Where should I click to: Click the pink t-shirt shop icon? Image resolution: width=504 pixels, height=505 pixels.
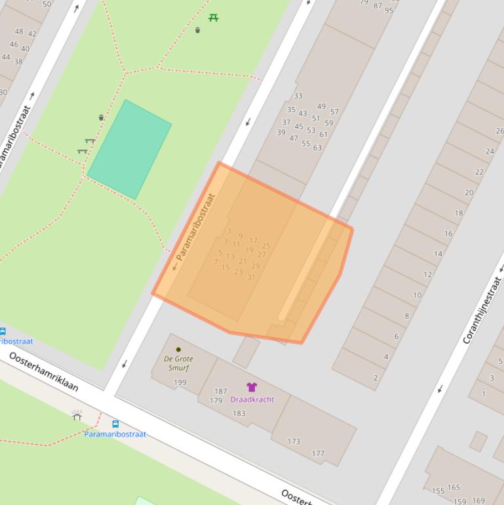[x=252, y=387]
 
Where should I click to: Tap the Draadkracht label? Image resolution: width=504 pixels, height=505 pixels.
[x=252, y=399]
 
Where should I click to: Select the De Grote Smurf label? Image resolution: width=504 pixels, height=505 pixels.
[x=178, y=363]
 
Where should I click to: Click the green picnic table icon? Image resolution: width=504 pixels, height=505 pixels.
[x=213, y=18]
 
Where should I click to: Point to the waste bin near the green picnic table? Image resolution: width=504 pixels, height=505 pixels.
[x=197, y=30]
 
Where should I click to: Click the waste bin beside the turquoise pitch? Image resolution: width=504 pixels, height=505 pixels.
[x=101, y=117]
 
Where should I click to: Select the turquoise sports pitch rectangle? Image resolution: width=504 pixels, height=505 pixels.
[x=129, y=149]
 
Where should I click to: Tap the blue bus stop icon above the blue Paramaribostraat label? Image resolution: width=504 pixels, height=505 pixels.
[x=115, y=424]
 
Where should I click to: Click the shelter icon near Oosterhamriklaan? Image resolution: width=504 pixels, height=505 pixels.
[x=77, y=415]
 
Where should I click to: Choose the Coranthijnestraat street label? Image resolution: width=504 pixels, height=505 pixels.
[x=482, y=310]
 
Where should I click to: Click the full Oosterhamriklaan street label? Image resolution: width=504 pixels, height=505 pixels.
[x=43, y=371]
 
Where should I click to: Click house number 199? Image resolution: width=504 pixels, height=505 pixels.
[x=180, y=382]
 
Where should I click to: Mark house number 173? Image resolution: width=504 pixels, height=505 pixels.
[x=294, y=441]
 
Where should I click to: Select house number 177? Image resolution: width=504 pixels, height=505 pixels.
[x=318, y=453]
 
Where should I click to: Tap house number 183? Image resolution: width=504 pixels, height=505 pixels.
[x=239, y=413]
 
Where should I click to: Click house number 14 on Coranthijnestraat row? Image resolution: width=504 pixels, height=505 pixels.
[x=438, y=254]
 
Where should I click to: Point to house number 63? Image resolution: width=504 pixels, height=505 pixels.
[x=317, y=148]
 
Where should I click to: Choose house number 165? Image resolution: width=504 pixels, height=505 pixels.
[x=454, y=487]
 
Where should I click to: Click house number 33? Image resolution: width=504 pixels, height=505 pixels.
[x=298, y=96]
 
